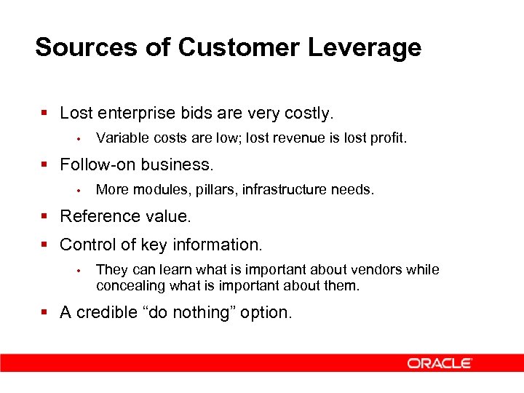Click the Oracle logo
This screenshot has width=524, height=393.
pyautogui.click(x=440, y=363)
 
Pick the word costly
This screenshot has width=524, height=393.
pyautogui.click(x=308, y=114)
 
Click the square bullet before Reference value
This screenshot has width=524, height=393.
pyautogui.click(x=45, y=217)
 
